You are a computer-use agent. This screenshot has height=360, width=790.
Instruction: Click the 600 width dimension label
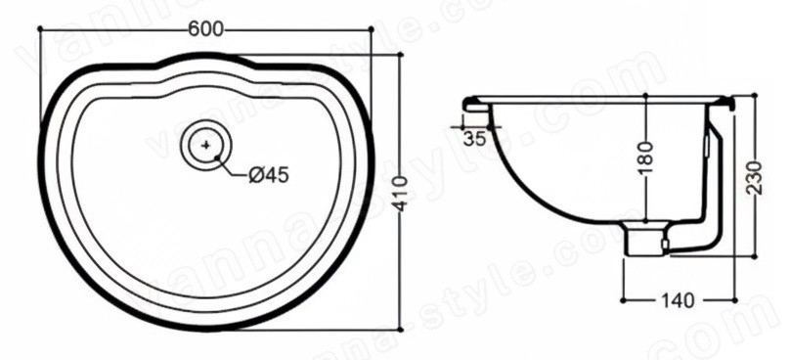pos(205,29)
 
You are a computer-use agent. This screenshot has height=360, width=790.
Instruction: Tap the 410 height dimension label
pos(402,193)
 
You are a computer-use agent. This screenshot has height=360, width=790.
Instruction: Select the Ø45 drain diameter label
pos(269,175)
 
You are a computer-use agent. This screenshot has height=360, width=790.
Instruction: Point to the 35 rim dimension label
pos(475,138)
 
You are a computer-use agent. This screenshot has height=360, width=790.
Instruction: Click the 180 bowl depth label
pos(645,158)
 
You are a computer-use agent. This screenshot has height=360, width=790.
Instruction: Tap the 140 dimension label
pos(677,301)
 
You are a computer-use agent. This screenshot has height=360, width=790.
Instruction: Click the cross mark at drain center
pos(205,145)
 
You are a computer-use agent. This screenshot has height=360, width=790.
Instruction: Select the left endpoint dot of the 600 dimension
pos(40,29)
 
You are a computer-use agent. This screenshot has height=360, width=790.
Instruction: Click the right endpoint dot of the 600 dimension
pos(372,29)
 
